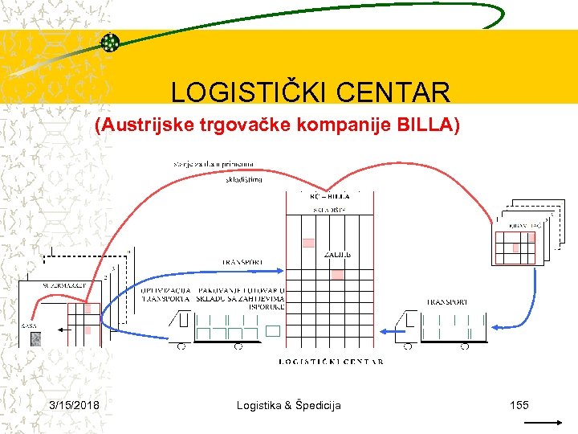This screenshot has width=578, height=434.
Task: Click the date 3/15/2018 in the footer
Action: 74,405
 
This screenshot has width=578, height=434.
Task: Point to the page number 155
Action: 519,405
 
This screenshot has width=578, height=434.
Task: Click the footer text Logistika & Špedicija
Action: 288,405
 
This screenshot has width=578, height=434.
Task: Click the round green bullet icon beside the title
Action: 110,43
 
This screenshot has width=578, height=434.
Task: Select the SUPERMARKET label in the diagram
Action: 49,285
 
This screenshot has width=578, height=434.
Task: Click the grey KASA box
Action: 35,338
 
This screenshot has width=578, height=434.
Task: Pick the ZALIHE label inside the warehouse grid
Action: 337,255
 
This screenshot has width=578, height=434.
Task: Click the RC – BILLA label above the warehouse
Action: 330,195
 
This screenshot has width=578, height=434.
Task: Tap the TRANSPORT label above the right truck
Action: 446,302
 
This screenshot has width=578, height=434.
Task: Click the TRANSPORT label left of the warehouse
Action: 242,262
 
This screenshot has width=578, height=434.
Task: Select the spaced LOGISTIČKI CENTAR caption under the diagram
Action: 331,362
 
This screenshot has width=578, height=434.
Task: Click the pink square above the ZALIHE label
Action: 309,243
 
